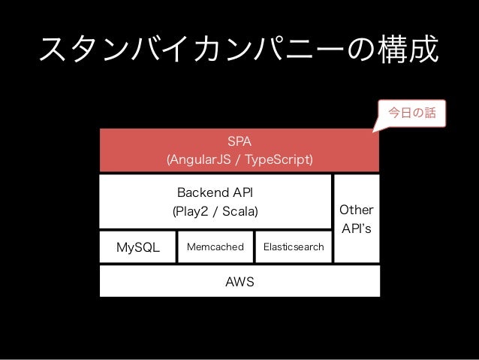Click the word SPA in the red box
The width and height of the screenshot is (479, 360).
click(x=239, y=141)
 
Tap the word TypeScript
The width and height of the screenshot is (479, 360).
click(x=277, y=159)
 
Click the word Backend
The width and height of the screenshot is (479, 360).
click(x=203, y=192)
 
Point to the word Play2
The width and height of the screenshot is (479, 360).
click(x=192, y=211)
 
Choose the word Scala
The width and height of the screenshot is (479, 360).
click(x=239, y=211)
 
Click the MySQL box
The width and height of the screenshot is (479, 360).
click(x=138, y=247)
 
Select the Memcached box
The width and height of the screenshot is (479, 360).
click(x=215, y=247)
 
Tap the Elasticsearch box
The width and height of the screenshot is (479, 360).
click(x=294, y=247)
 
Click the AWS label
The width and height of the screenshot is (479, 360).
click(x=239, y=282)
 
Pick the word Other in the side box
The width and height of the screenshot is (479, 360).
click(x=357, y=210)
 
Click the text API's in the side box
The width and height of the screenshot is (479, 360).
click(x=357, y=228)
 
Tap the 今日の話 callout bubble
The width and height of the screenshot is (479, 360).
click(x=411, y=113)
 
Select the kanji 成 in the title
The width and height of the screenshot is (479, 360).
click(x=423, y=49)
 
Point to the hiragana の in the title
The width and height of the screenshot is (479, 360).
click(x=362, y=50)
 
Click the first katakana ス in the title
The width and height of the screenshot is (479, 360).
click(x=53, y=50)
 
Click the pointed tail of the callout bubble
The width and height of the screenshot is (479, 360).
click(x=373, y=132)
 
